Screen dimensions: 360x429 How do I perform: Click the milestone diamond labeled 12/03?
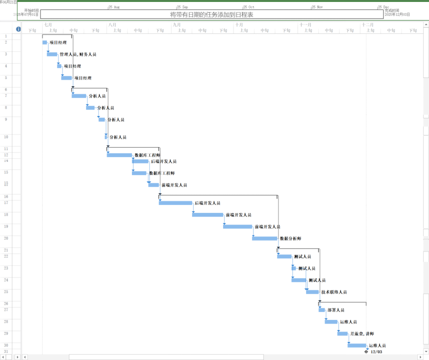click(x=366, y=352)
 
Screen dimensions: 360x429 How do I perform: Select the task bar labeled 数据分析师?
click(x=264, y=238)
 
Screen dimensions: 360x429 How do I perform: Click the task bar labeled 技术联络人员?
click(x=312, y=291)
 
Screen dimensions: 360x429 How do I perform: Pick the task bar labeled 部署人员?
click(x=322, y=310)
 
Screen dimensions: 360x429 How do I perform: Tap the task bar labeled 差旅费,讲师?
click(x=342, y=333)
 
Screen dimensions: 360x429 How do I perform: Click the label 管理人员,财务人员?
click(x=78, y=54)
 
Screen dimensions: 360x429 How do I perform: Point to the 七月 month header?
click(x=48, y=25)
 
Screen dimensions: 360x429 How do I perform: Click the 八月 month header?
click(x=112, y=25)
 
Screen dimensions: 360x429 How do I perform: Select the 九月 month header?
click(x=177, y=25)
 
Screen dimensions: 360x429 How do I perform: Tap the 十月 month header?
click(x=240, y=25)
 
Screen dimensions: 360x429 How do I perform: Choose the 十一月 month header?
click(x=305, y=25)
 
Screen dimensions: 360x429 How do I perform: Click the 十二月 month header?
click(x=368, y=25)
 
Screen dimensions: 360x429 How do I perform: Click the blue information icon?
click(x=18, y=29)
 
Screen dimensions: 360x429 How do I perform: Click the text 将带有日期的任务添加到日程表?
click(x=212, y=15)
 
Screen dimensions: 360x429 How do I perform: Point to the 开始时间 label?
click(x=32, y=10)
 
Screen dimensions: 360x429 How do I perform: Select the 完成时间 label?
click(x=392, y=10)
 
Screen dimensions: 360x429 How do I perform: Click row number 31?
click(x=6, y=352)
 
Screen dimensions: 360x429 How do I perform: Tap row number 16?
click(x=6, y=197)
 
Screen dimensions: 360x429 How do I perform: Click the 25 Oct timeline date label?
click(x=249, y=7)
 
